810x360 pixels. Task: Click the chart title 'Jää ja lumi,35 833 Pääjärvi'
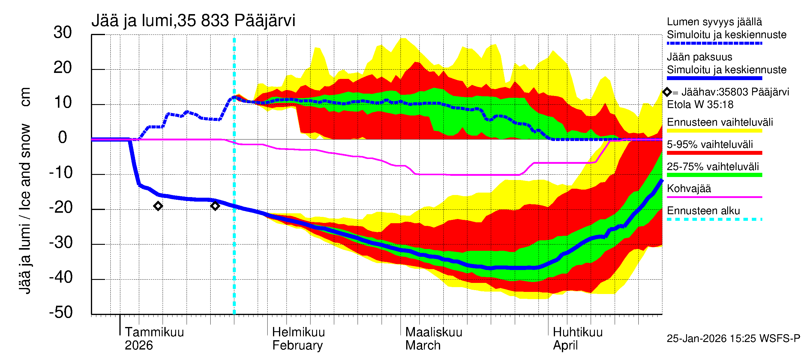[193, 21]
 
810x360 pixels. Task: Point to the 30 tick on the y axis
[63, 33]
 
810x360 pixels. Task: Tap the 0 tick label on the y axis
[63, 138]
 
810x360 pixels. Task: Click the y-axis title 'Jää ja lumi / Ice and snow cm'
[25, 190]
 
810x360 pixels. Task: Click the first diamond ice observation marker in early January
[158, 206]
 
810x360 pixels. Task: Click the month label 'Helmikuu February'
[298, 339]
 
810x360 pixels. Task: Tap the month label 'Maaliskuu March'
[433, 339]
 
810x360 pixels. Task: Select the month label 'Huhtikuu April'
[577, 339]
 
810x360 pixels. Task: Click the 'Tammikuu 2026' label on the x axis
[154, 339]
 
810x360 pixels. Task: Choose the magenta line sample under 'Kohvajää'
[714, 197]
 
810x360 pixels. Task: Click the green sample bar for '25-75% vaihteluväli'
[714, 175]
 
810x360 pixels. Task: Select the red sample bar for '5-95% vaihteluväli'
[714, 153]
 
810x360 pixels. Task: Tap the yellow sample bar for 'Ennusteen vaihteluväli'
[714, 131]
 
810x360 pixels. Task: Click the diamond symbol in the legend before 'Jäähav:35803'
[667, 92]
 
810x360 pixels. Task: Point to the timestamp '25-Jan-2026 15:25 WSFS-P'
[733, 339]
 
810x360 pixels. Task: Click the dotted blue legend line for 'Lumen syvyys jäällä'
[714, 43]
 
